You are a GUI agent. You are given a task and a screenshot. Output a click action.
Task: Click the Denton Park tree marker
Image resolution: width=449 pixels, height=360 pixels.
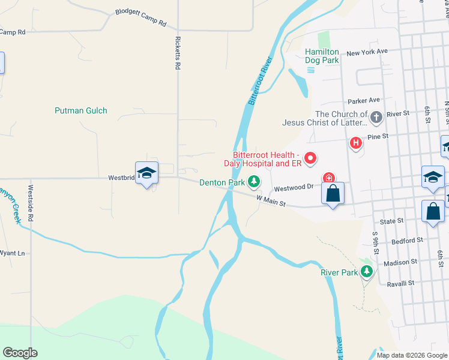point(254,181)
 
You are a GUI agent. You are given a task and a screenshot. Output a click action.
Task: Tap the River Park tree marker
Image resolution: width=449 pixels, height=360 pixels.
point(366,272)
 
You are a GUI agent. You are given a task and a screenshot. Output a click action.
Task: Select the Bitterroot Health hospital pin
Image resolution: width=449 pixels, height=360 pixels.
point(310,158)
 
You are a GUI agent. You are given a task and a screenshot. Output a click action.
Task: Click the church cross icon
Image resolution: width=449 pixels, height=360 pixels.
point(376,117)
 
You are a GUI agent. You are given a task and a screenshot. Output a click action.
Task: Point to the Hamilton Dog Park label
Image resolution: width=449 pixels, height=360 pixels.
point(322,56)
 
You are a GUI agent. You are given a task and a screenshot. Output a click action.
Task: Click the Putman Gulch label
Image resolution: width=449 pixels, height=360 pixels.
point(80,110)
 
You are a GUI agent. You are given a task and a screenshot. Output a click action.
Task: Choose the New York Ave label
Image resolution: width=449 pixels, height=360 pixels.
point(367,52)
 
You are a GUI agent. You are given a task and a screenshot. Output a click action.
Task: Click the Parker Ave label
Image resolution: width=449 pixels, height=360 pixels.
point(364,100)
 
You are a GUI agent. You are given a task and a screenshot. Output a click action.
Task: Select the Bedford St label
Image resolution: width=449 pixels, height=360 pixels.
point(408,241)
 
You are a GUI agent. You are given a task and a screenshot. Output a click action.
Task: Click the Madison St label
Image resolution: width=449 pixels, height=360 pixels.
point(400,262)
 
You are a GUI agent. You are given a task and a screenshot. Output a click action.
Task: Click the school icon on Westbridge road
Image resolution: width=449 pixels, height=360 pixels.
point(146,173)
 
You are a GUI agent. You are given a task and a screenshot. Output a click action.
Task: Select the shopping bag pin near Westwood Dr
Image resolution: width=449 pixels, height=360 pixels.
point(333,194)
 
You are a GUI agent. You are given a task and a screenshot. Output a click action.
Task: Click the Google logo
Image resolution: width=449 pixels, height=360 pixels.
point(20,353)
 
